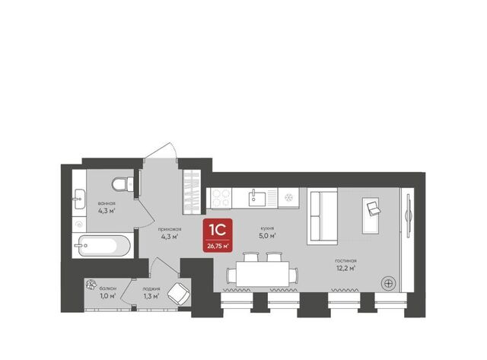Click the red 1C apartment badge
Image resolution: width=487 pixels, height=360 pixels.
218,235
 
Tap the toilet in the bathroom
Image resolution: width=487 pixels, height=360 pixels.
123,184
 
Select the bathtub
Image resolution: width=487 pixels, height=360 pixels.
103,246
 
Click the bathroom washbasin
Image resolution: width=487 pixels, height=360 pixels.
78,199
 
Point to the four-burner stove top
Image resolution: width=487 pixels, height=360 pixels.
221,198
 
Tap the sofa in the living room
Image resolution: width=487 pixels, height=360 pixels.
322,216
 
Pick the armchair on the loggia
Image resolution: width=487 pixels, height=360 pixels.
179,294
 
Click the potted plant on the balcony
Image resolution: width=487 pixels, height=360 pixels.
91,285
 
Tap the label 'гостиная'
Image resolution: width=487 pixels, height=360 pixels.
345,261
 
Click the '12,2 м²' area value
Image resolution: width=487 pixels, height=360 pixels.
346,268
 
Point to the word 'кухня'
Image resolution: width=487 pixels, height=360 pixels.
267,228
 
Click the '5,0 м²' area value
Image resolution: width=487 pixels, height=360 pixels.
267,236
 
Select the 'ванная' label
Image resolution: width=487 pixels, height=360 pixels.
107,203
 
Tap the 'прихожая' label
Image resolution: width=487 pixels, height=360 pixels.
169,230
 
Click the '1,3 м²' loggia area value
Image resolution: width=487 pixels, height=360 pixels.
151,296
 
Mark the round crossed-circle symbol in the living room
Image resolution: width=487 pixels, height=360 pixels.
388,283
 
